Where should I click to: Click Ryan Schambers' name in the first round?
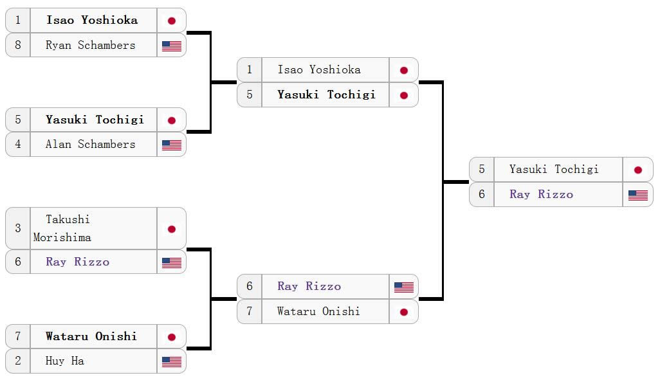(x=91, y=45)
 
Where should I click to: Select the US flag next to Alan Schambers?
(x=172, y=145)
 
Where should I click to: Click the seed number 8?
(x=18, y=45)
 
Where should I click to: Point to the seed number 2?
(x=18, y=361)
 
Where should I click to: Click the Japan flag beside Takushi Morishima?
(x=172, y=229)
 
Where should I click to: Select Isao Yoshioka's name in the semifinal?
(x=319, y=69)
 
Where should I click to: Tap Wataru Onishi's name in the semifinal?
(x=318, y=311)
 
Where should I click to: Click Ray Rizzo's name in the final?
(x=541, y=194)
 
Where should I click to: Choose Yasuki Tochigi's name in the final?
(x=554, y=169)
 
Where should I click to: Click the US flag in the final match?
(x=638, y=195)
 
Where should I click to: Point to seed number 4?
(x=18, y=144)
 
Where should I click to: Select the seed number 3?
(x=18, y=228)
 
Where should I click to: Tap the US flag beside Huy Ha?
(x=172, y=362)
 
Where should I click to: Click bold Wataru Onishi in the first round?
(x=91, y=336)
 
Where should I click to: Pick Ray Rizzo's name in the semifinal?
(x=309, y=286)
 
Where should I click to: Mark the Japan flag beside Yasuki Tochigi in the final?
(x=638, y=170)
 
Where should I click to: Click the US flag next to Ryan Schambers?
(x=172, y=46)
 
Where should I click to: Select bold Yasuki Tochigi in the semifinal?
(x=327, y=95)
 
